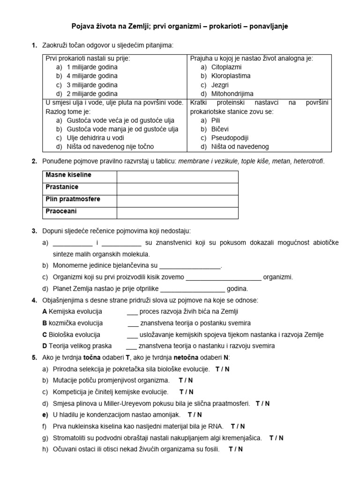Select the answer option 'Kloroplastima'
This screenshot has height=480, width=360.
[x=231, y=76]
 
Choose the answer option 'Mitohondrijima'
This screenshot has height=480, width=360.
[x=232, y=94]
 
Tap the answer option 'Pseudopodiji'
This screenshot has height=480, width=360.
[x=230, y=138]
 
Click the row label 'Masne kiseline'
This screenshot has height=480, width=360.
[x=68, y=175]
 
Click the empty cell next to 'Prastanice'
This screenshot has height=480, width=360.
[x=177, y=187]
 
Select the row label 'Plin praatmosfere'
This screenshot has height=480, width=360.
[x=73, y=200]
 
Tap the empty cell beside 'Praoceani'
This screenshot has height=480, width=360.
[x=177, y=212]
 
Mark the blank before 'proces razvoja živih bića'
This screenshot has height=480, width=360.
[x=132, y=312]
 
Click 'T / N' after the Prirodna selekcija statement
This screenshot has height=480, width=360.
[x=223, y=369]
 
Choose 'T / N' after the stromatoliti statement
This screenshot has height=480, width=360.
[x=277, y=438]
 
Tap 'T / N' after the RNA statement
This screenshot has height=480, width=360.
[x=238, y=427]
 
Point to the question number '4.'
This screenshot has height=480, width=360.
[x=34, y=300]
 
